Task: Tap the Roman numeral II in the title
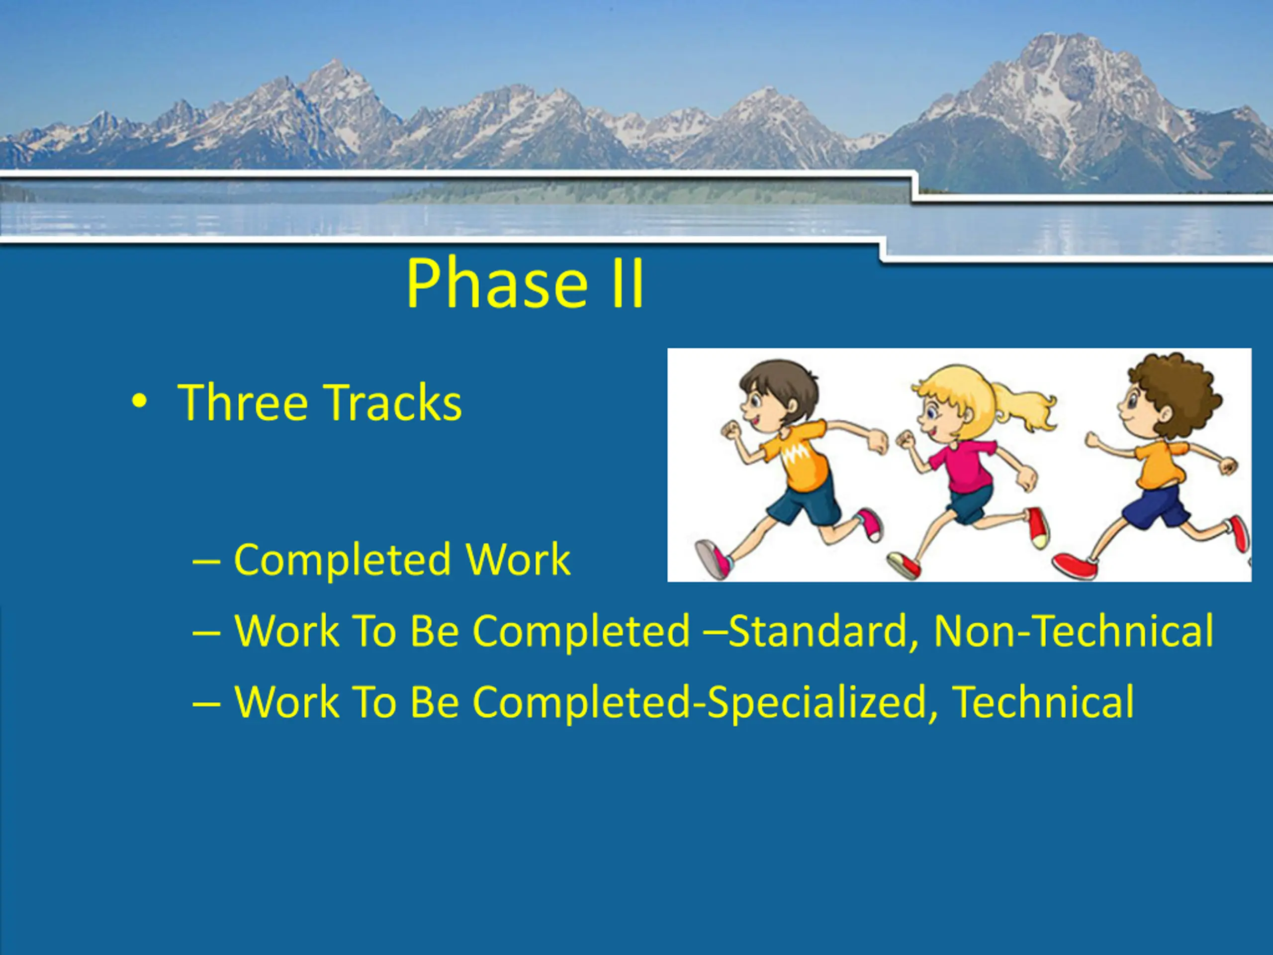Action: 627,283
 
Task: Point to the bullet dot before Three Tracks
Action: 139,401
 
